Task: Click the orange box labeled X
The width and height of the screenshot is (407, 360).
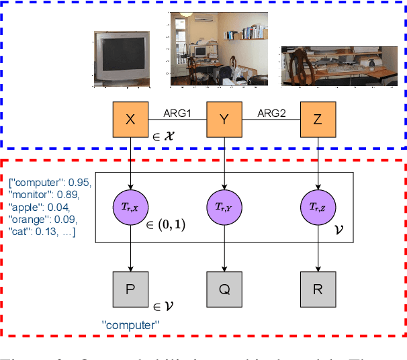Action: (x=131, y=120)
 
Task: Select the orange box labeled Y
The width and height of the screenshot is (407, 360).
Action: (x=224, y=120)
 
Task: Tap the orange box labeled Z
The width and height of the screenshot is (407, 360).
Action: (x=316, y=120)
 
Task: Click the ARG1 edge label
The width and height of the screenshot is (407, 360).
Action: (x=177, y=114)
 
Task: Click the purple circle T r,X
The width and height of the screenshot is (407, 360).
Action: (x=131, y=209)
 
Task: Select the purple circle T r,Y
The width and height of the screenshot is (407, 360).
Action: (x=224, y=209)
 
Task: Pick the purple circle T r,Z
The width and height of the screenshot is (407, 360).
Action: (x=316, y=209)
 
